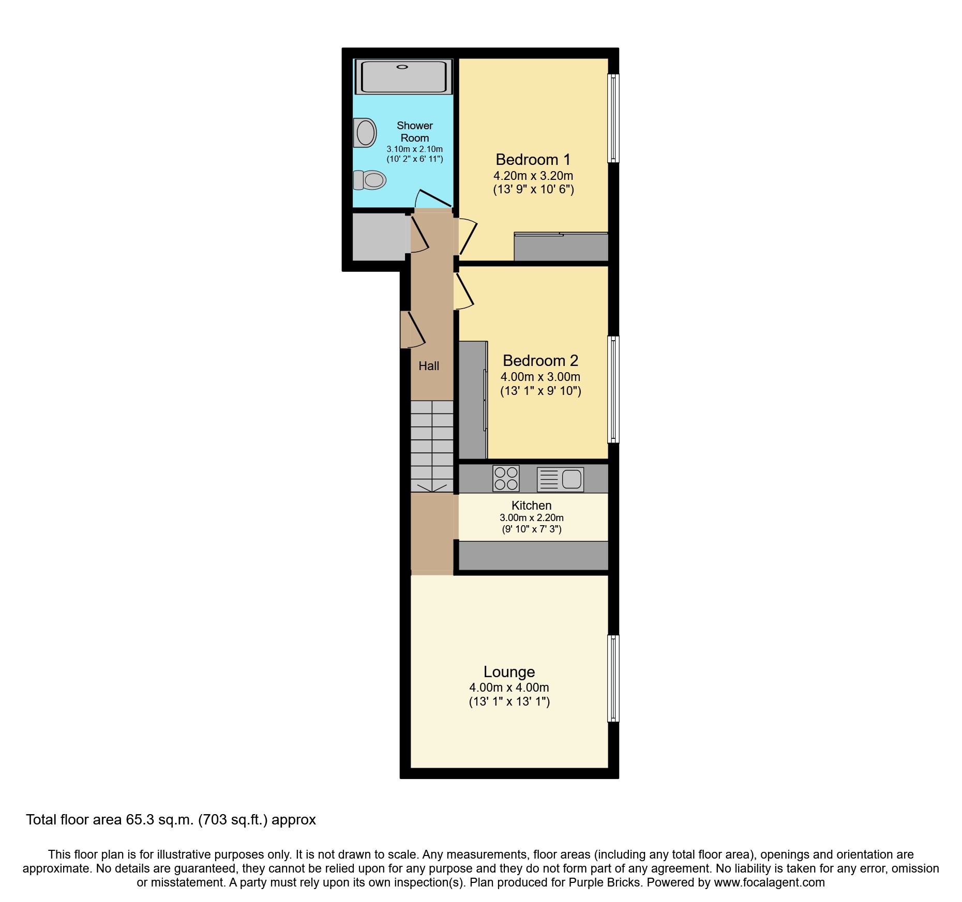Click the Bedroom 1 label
[x=533, y=160]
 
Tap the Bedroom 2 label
[x=540, y=361]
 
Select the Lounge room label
[x=509, y=672]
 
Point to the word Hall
[x=429, y=366]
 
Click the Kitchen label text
[x=531, y=506]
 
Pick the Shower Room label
[x=415, y=132]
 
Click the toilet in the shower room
[x=370, y=180]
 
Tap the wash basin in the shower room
[x=365, y=132]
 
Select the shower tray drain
[x=402, y=67]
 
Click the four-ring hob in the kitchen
[x=506, y=479]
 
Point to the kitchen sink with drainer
[x=560, y=479]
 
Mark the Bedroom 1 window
[x=613, y=118]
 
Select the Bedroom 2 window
[x=613, y=390]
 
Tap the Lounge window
[x=613, y=678]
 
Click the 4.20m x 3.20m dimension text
[x=533, y=176]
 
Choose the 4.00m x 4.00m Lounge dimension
[x=509, y=688]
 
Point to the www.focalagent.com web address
[x=769, y=882]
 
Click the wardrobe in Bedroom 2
[x=472, y=400]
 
